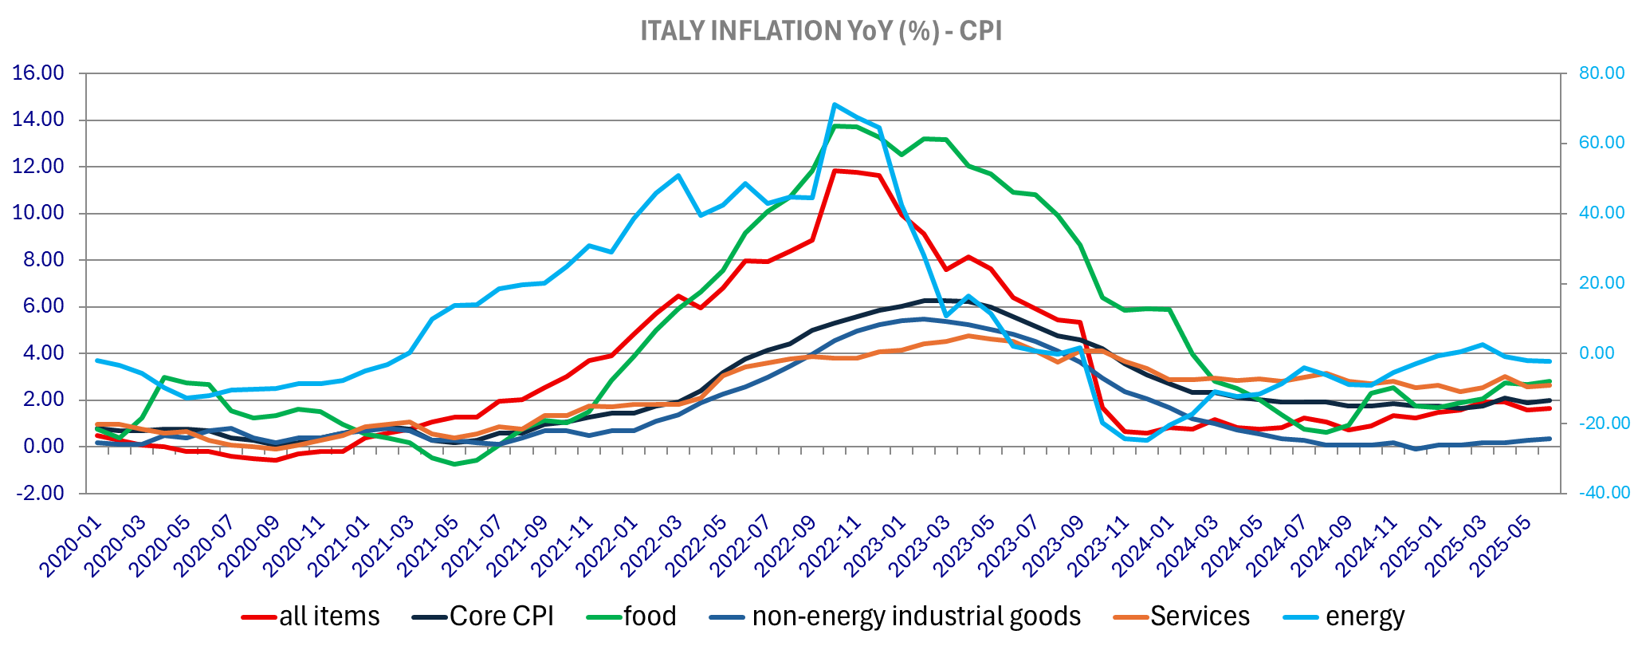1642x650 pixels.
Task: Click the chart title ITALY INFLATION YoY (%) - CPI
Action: [x=821, y=31]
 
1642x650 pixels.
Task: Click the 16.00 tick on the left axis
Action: [x=37, y=73]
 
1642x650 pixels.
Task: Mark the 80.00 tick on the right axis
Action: [x=1602, y=73]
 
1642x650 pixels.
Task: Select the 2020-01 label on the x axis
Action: [x=72, y=546]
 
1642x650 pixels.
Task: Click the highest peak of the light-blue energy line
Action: [x=834, y=104]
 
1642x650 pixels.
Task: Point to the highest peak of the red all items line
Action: [x=834, y=170]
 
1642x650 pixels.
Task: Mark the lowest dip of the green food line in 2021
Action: [x=454, y=464]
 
